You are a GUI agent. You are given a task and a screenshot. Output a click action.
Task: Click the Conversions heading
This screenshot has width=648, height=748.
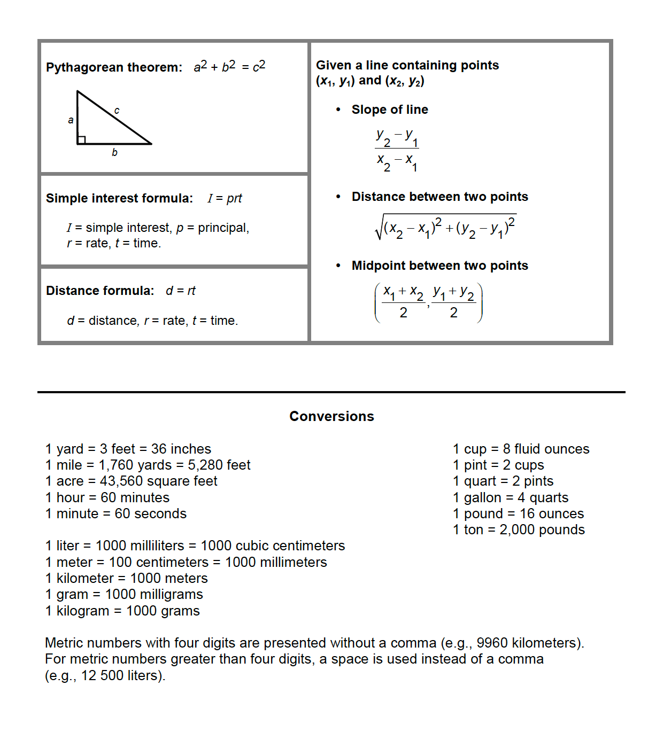point(331,416)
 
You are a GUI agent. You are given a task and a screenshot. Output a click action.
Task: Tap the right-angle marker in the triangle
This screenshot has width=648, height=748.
point(81,140)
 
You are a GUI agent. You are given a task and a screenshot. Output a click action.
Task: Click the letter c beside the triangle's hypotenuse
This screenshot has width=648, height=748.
point(117,111)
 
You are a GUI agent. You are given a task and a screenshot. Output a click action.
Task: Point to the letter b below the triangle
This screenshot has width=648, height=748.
point(114,153)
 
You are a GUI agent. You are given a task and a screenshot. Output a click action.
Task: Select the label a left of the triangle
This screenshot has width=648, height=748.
point(71,120)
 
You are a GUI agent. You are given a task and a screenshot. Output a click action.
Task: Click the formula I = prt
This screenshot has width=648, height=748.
point(225,198)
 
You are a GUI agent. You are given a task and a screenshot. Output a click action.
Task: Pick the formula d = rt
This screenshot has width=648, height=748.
point(181,291)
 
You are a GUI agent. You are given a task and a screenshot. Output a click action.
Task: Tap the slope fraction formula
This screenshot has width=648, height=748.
point(397,150)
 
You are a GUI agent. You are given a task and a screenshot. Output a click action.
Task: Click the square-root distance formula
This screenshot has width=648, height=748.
point(445,228)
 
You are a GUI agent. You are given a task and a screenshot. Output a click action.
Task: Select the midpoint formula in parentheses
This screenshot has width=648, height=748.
point(428,303)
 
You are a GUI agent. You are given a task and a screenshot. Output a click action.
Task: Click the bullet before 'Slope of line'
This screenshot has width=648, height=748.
point(338,110)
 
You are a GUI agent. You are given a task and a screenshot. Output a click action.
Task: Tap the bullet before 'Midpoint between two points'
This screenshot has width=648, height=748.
point(338,266)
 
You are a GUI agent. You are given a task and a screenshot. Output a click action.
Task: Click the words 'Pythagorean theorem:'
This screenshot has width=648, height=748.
point(114,67)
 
